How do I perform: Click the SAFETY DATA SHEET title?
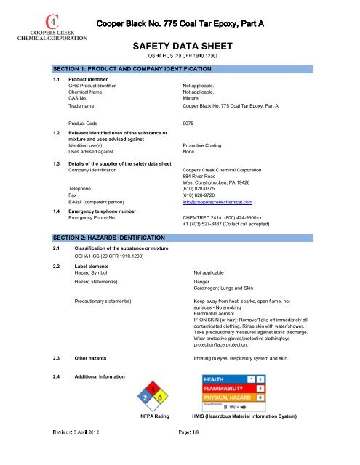click(179, 44)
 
